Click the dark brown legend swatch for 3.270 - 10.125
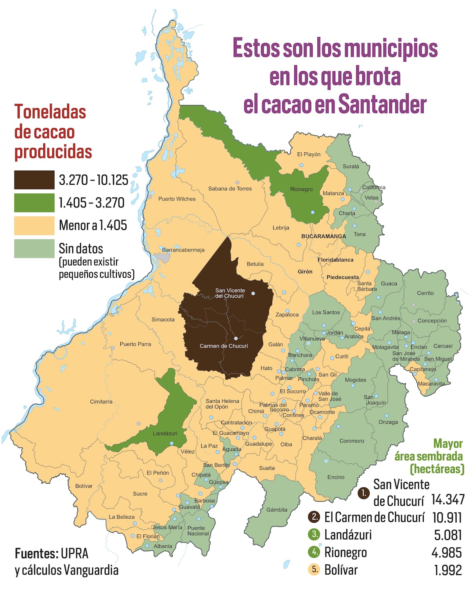(x=34, y=180)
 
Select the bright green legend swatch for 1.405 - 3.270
(x=34, y=203)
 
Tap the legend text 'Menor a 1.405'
(x=93, y=225)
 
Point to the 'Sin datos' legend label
(x=81, y=248)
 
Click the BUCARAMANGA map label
(x=323, y=236)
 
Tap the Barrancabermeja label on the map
(x=183, y=250)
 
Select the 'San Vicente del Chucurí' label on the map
(x=230, y=293)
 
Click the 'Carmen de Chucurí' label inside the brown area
(x=224, y=346)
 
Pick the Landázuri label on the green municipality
(x=165, y=434)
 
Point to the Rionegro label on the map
(x=301, y=189)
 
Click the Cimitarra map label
(x=101, y=402)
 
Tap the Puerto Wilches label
(x=177, y=199)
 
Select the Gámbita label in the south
(x=277, y=510)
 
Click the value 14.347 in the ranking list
(x=448, y=500)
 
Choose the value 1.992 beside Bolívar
(x=448, y=570)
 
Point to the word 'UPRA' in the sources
(x=74, y=553)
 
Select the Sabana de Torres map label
(x=230, y=189)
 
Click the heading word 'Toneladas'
(x=50, y=112)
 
